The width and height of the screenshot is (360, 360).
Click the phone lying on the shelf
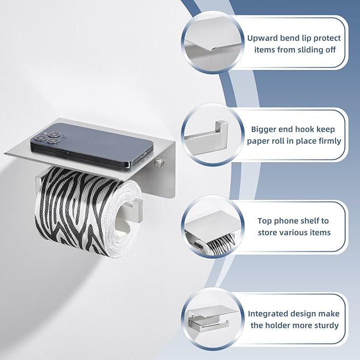(92, 144)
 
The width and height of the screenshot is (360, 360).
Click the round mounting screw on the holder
(158, 162)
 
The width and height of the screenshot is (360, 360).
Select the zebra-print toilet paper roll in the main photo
(89, 212)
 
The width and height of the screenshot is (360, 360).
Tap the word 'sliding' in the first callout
(307, 50)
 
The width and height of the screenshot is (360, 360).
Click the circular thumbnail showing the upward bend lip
(213, 43)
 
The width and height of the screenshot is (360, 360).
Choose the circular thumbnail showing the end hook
(213, 135)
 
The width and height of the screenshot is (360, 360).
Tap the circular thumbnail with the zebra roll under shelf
(213, 226)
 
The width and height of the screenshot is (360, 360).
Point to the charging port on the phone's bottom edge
(143, 155)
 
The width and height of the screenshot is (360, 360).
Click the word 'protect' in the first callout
(327, 38)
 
